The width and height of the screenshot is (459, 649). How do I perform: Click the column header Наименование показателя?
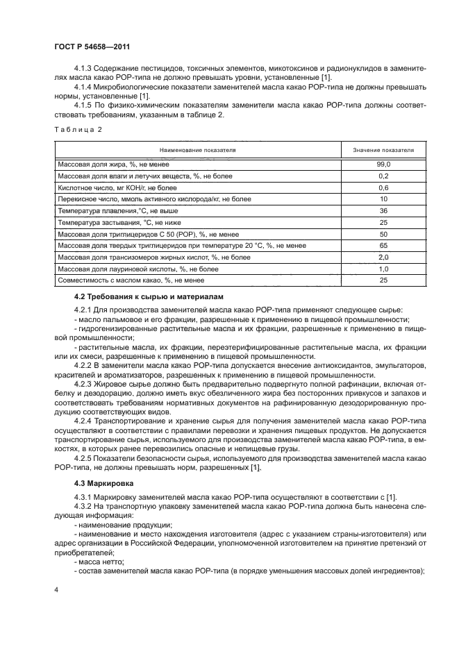pos(197,149)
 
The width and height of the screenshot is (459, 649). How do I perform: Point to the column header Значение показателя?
pos(383,149)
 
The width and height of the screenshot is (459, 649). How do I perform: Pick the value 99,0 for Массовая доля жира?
pos(383,165)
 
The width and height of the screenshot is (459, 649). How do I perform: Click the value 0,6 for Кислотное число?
pos(383,187)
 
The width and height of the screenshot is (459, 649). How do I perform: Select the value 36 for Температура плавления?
pos(383,210)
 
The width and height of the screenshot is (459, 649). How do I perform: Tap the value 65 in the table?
pos(383,245)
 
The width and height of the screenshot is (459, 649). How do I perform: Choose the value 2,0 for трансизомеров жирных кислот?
pos(383,257)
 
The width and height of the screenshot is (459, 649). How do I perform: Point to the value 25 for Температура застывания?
pos(383,222)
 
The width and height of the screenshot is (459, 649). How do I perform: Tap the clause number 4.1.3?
pos(84,69)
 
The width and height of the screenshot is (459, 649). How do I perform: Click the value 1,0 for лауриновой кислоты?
pos(383,268)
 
